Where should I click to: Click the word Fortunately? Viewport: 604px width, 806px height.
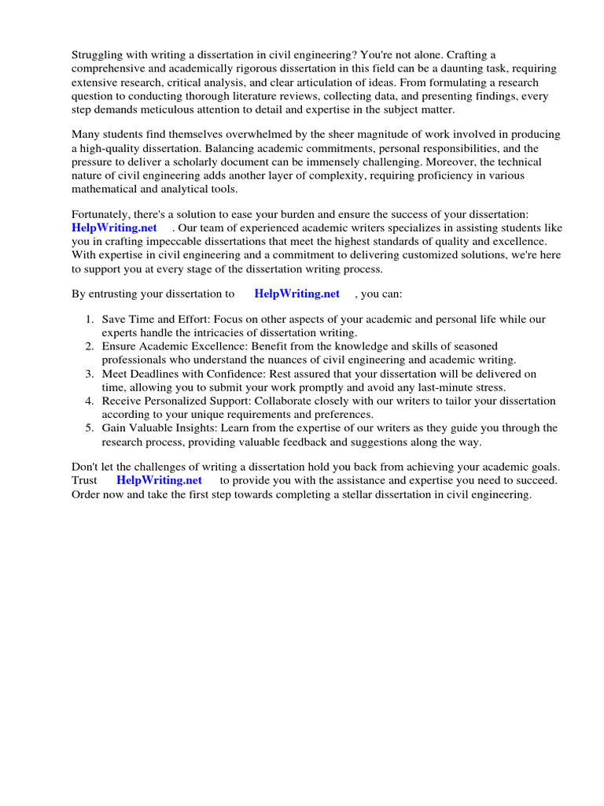pyautogui.click(x=104, y=215)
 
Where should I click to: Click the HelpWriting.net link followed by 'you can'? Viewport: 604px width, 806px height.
pyautogui.click(x=297, y=294)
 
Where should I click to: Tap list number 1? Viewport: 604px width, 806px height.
pyautogui.click(x=90, y=320)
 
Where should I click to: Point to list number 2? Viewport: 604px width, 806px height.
pyautogui.click(x=90, y=346)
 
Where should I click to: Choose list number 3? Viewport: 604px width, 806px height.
pyautogui.click(x=90, y=373)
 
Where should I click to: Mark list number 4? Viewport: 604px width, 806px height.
pyautogui.click(x=90, y=401)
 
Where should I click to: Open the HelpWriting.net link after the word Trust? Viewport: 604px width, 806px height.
pyautogui.click(x=160, y=480)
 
